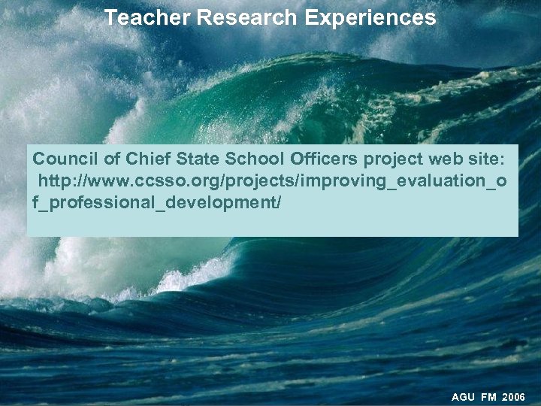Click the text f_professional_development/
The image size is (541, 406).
point(157,203)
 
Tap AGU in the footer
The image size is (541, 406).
point(464,396)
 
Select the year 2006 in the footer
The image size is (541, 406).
point(514,396)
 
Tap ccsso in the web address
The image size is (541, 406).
point(159,182)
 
